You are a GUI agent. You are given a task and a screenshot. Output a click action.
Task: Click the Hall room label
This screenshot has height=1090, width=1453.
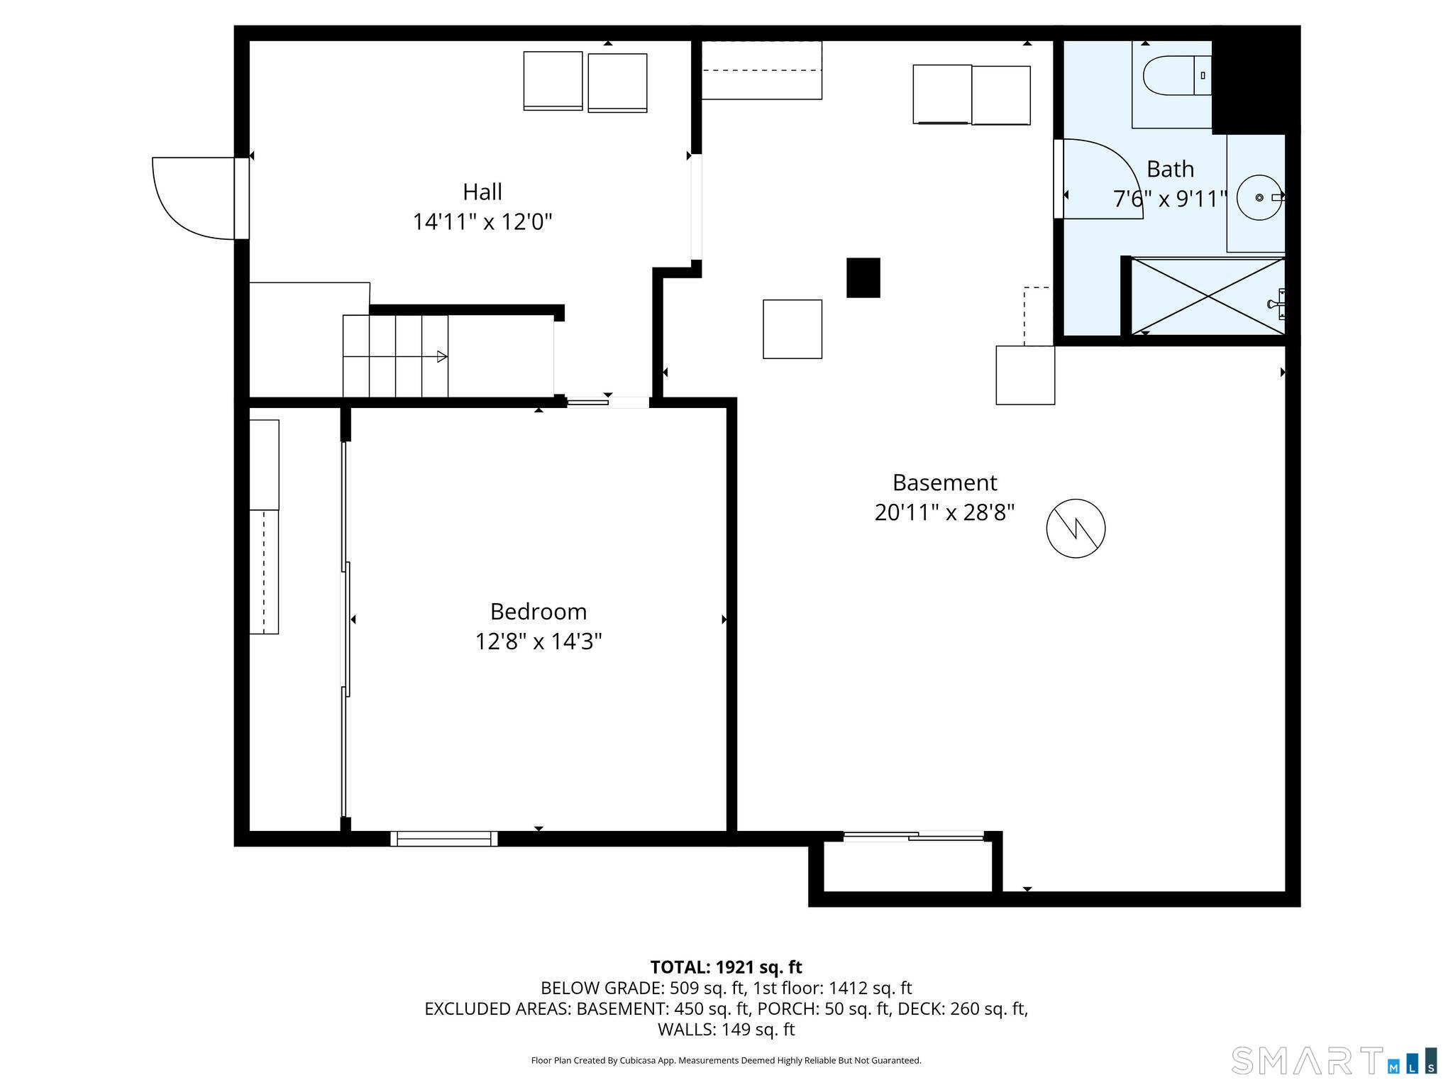[482, 192]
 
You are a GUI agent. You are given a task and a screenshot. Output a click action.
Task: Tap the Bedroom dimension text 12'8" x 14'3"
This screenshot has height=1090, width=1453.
[538, 642]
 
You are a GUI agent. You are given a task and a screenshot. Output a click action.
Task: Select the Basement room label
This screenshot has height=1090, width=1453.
[944, 483]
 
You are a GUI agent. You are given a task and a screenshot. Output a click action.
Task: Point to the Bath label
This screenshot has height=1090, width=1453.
[1170, 169]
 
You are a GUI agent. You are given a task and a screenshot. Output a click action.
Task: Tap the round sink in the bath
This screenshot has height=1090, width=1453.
[1259, 197]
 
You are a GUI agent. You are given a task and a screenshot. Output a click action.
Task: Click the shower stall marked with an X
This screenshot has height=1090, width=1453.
[1207, 296]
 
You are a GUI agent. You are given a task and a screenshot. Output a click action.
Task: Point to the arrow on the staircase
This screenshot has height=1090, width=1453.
[441, 356]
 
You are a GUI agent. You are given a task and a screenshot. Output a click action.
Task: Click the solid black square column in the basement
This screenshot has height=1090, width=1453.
[863, 277]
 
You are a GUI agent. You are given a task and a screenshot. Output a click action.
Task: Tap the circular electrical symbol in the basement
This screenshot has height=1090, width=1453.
[1076, 528]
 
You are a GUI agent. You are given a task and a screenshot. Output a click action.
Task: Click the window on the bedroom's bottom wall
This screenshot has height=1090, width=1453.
[443, 839]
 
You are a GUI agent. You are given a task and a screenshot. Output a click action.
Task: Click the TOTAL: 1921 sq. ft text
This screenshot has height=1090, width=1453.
[726, 967]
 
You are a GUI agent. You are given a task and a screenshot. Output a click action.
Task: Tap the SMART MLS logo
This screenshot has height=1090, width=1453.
[1333, 1060]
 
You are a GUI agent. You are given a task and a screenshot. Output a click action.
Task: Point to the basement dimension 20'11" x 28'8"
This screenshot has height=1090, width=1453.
[944, 512]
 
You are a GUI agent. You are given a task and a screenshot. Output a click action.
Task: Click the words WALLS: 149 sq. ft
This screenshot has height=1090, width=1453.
[726, 1030]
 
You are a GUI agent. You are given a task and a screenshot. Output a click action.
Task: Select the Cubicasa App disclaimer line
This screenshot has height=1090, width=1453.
[726, 1060]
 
